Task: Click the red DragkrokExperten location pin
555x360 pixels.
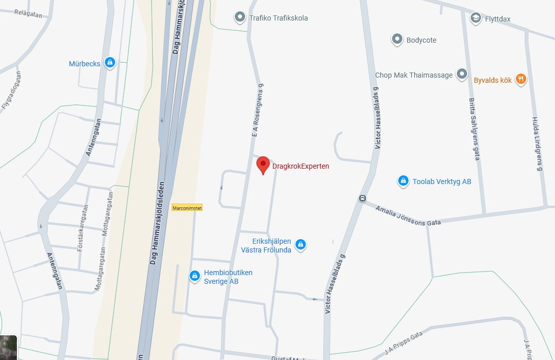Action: click(x=263, y=165)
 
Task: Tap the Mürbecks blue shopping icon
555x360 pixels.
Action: click(x=109, y=63)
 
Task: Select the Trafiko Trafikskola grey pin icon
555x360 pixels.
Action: click(x=239, y=17)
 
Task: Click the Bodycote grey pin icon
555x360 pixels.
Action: click(x=397, y=39)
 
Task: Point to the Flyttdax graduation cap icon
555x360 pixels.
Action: click(x=475, y=19)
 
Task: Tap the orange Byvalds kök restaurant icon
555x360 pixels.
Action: click(x=521, y=79)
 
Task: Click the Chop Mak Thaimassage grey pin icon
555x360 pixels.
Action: click(x=462, y=75)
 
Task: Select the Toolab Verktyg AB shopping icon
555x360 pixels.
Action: click(x=403, y=181)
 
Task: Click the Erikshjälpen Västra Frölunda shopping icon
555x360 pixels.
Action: click(x=301, y=245)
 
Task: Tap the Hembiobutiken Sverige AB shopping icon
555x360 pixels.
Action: click(x=195, y=276)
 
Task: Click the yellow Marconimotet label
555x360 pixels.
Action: click(x=187, y=208)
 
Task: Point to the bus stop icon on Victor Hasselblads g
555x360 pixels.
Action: click(x=362, y=199)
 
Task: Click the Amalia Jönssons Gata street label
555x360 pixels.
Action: click(x=408, y=216)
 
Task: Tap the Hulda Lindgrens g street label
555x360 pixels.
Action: click(x=537, y=143)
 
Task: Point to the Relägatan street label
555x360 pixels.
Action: click(x=28, y=14)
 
